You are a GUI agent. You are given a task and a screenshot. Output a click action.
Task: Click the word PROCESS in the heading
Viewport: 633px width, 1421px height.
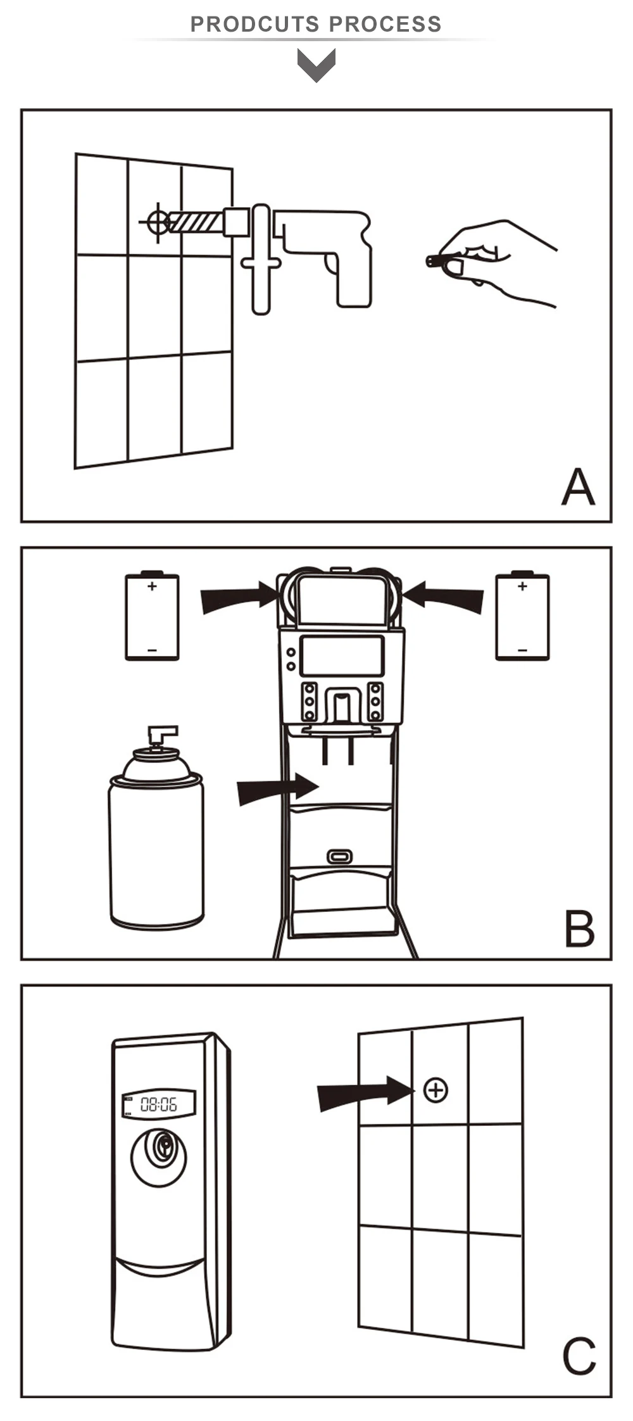tap(385, 24)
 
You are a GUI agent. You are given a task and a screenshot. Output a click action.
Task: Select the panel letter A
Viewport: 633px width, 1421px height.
tap(578, 487)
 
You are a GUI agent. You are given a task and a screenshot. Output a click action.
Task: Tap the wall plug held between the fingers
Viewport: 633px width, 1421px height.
tap(437, 260)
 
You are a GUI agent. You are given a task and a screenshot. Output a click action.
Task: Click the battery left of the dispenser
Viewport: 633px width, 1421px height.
tap(152, 616)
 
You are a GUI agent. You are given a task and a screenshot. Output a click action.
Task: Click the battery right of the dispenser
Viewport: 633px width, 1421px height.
tap(522, 616)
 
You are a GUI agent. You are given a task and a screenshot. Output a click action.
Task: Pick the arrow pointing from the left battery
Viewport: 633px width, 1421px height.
tap(239, 598)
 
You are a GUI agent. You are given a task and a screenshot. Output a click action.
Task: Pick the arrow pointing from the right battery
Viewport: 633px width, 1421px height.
tap(443, 598)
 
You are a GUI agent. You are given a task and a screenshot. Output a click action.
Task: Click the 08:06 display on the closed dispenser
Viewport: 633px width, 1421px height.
tap(158, 1105)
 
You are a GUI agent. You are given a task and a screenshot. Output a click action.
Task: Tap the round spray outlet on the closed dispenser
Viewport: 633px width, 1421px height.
tap(159, 1157)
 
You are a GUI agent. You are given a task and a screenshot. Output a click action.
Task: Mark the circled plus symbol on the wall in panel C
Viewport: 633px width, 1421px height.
tap(436, 1090)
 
